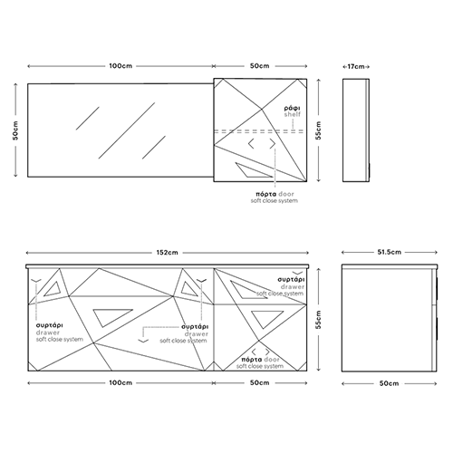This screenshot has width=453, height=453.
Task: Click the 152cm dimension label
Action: click(167, 253)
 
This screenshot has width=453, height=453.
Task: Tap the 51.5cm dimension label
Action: click(390, 252)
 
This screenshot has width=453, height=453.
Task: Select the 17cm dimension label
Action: click(356, 66)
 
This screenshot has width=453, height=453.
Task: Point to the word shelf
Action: click(293, 114)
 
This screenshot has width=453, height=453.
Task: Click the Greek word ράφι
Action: click(292, 108)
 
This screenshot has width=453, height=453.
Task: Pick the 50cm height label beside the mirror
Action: click(15, 130)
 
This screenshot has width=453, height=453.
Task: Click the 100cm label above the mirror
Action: click(120, 66)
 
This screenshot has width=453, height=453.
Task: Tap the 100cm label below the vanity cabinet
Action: click(120, 382)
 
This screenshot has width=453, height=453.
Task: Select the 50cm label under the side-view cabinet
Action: click(389, 383)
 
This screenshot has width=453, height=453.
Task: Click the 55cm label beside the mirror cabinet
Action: click(318, 130)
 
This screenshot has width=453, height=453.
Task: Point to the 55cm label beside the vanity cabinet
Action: click(318, 319)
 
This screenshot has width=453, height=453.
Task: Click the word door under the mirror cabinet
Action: click(286, 194)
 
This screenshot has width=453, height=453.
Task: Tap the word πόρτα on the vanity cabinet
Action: click(252, 360)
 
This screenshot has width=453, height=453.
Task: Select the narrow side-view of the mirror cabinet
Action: click(356, 130)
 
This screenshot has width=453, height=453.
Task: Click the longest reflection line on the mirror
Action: click(127, 130)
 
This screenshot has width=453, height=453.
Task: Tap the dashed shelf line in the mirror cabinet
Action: click(259, 131)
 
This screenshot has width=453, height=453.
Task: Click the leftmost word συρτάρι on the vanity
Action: click(50, 325)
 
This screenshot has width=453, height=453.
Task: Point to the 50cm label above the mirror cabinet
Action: click(259, 66)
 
